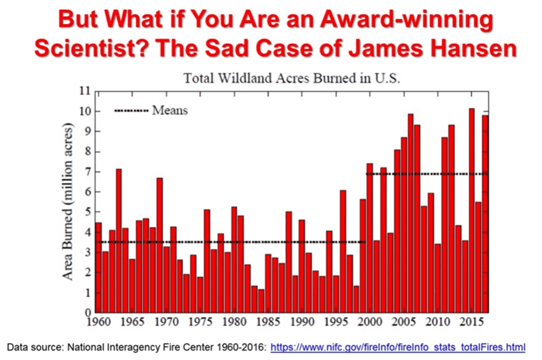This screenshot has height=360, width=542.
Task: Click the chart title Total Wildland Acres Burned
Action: pyautogui.click(x=292, y=78)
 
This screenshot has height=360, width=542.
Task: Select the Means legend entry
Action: pyautogui.click(x=170, y=111)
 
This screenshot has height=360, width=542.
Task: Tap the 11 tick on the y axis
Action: pyautogui.click(x=83, y=91)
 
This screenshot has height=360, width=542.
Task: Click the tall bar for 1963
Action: pyautogui.click(x=119, y=241)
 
